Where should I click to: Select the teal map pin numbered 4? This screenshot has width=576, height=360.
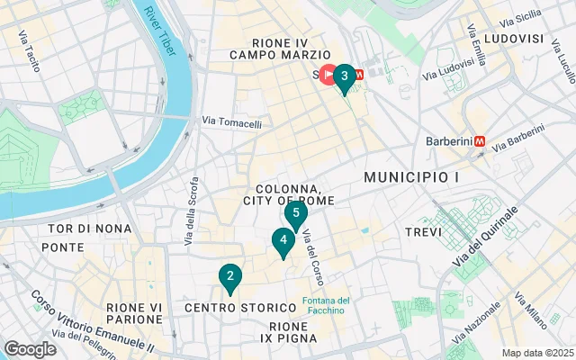point(283,240)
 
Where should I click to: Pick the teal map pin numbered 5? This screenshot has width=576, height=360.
point(296,214)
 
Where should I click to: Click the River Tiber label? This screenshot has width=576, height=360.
point(159,31)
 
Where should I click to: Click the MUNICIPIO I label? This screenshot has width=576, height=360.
point(411,178)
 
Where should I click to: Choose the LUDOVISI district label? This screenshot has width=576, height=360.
point(514,39)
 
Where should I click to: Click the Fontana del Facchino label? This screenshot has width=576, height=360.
point(325,305)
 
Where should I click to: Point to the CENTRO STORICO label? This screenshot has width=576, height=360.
point(228,308)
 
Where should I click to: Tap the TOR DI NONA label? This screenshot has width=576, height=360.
point(78,229)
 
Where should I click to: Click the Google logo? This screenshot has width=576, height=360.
point(30,349)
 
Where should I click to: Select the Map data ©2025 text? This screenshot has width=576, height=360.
point(536,353)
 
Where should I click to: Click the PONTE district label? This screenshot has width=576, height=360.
point(62,247)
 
